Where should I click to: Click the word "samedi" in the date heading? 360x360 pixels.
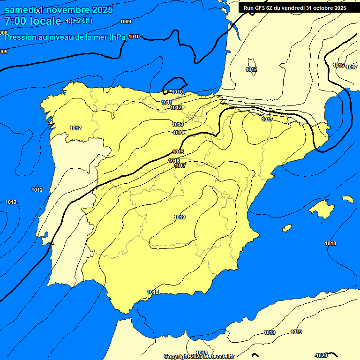(x=19, y=10)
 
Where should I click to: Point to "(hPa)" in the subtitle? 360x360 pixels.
(x=118, y=37)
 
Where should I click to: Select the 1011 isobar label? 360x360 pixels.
(x=167, y=102)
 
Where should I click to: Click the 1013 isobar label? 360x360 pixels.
(x=178, y=124)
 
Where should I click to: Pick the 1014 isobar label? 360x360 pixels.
(x=179, y=133)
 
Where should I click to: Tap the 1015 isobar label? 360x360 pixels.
(x=178, y=152)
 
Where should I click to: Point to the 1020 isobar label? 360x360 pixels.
(x=322, y=355)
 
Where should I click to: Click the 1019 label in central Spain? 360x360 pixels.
(x=180, y=217)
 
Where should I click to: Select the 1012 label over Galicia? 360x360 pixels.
(x=75, y=128)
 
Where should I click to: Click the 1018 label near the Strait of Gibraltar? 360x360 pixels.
(x=153, y=292)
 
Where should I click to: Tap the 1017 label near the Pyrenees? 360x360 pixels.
(x=267, y=119)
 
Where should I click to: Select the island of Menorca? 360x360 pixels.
(x=348, y=199)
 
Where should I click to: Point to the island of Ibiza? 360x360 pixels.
(x=287, y=228)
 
